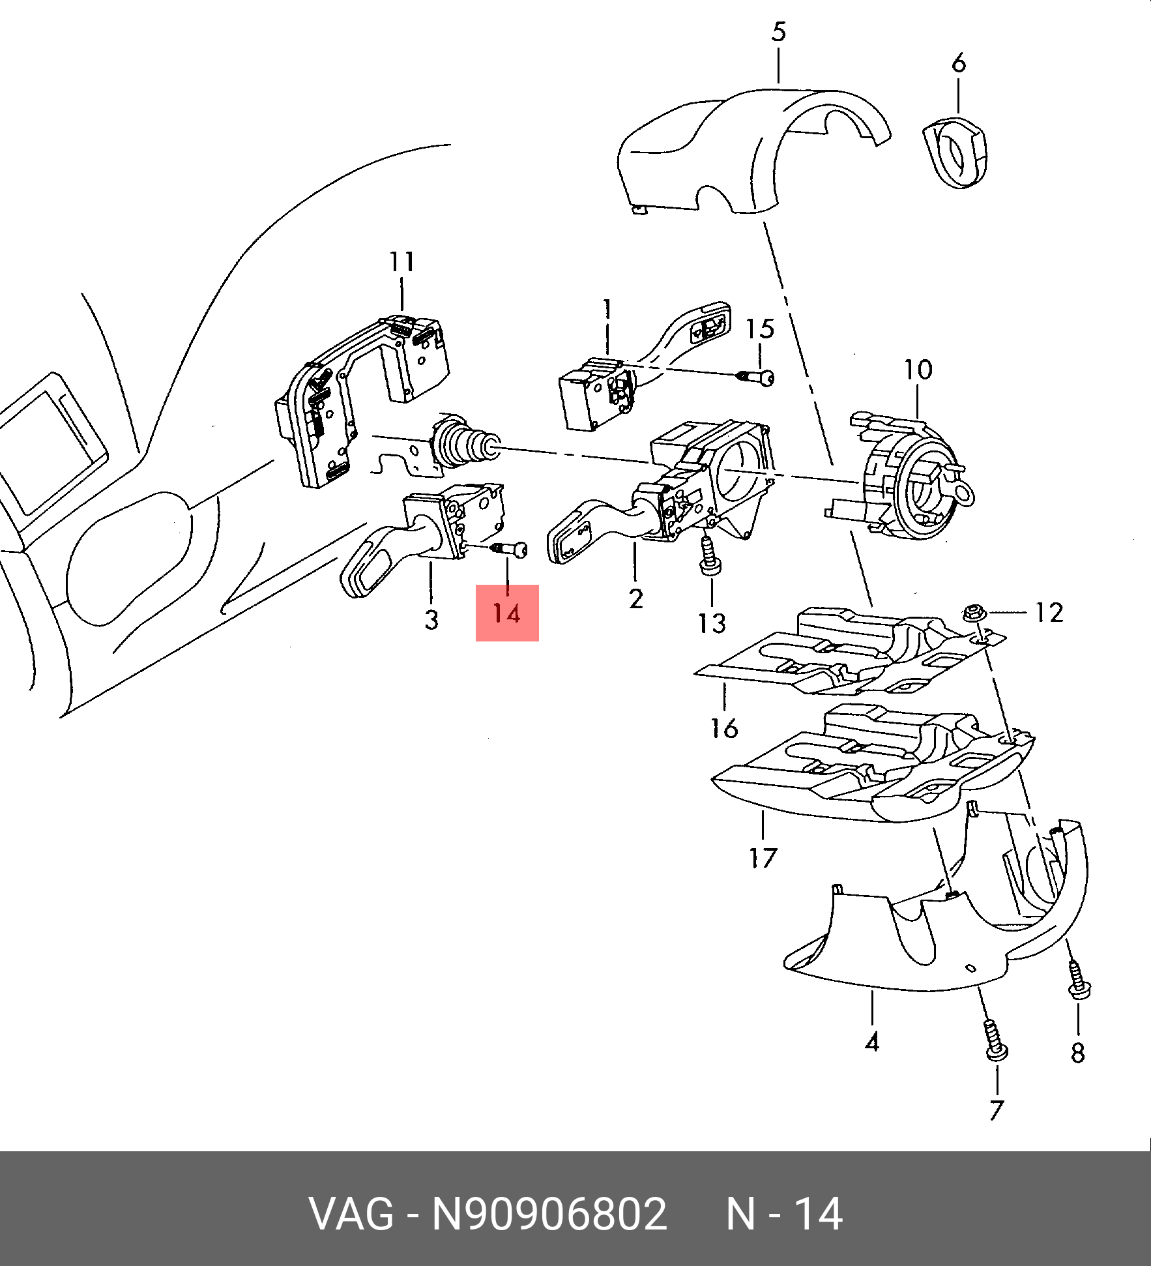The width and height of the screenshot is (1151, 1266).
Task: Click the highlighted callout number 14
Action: [507, 613]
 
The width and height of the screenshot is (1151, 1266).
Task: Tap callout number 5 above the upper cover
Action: [779, 32]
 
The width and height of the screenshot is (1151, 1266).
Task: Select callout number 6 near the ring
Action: [958, 63]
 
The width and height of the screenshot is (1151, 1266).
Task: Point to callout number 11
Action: [401, 262]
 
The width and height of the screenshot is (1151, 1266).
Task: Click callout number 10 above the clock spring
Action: [918, 370]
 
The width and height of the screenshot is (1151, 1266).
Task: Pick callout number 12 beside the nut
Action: [1049, 613]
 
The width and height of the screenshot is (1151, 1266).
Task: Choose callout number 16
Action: [724, 728]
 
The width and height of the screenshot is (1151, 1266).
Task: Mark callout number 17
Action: [763, 858]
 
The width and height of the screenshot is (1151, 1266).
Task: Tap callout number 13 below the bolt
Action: [712, 624]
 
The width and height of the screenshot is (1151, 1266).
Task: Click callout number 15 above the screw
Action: [760, 329]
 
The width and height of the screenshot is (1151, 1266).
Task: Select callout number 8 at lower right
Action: [1077, 1053]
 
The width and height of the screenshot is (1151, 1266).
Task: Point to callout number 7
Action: [997, 1110]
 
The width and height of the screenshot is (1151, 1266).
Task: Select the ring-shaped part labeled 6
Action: [955, 153]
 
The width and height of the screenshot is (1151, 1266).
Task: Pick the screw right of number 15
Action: [756, 376]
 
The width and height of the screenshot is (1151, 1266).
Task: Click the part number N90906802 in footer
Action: [550, 1214]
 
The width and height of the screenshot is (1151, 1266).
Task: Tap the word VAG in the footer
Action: [351, 1214]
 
